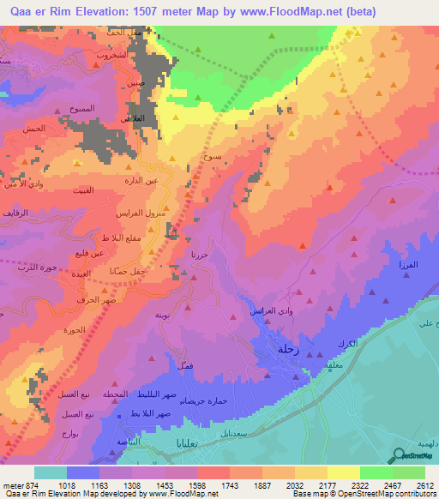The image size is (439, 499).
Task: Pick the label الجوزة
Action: (x=75, y=331)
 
